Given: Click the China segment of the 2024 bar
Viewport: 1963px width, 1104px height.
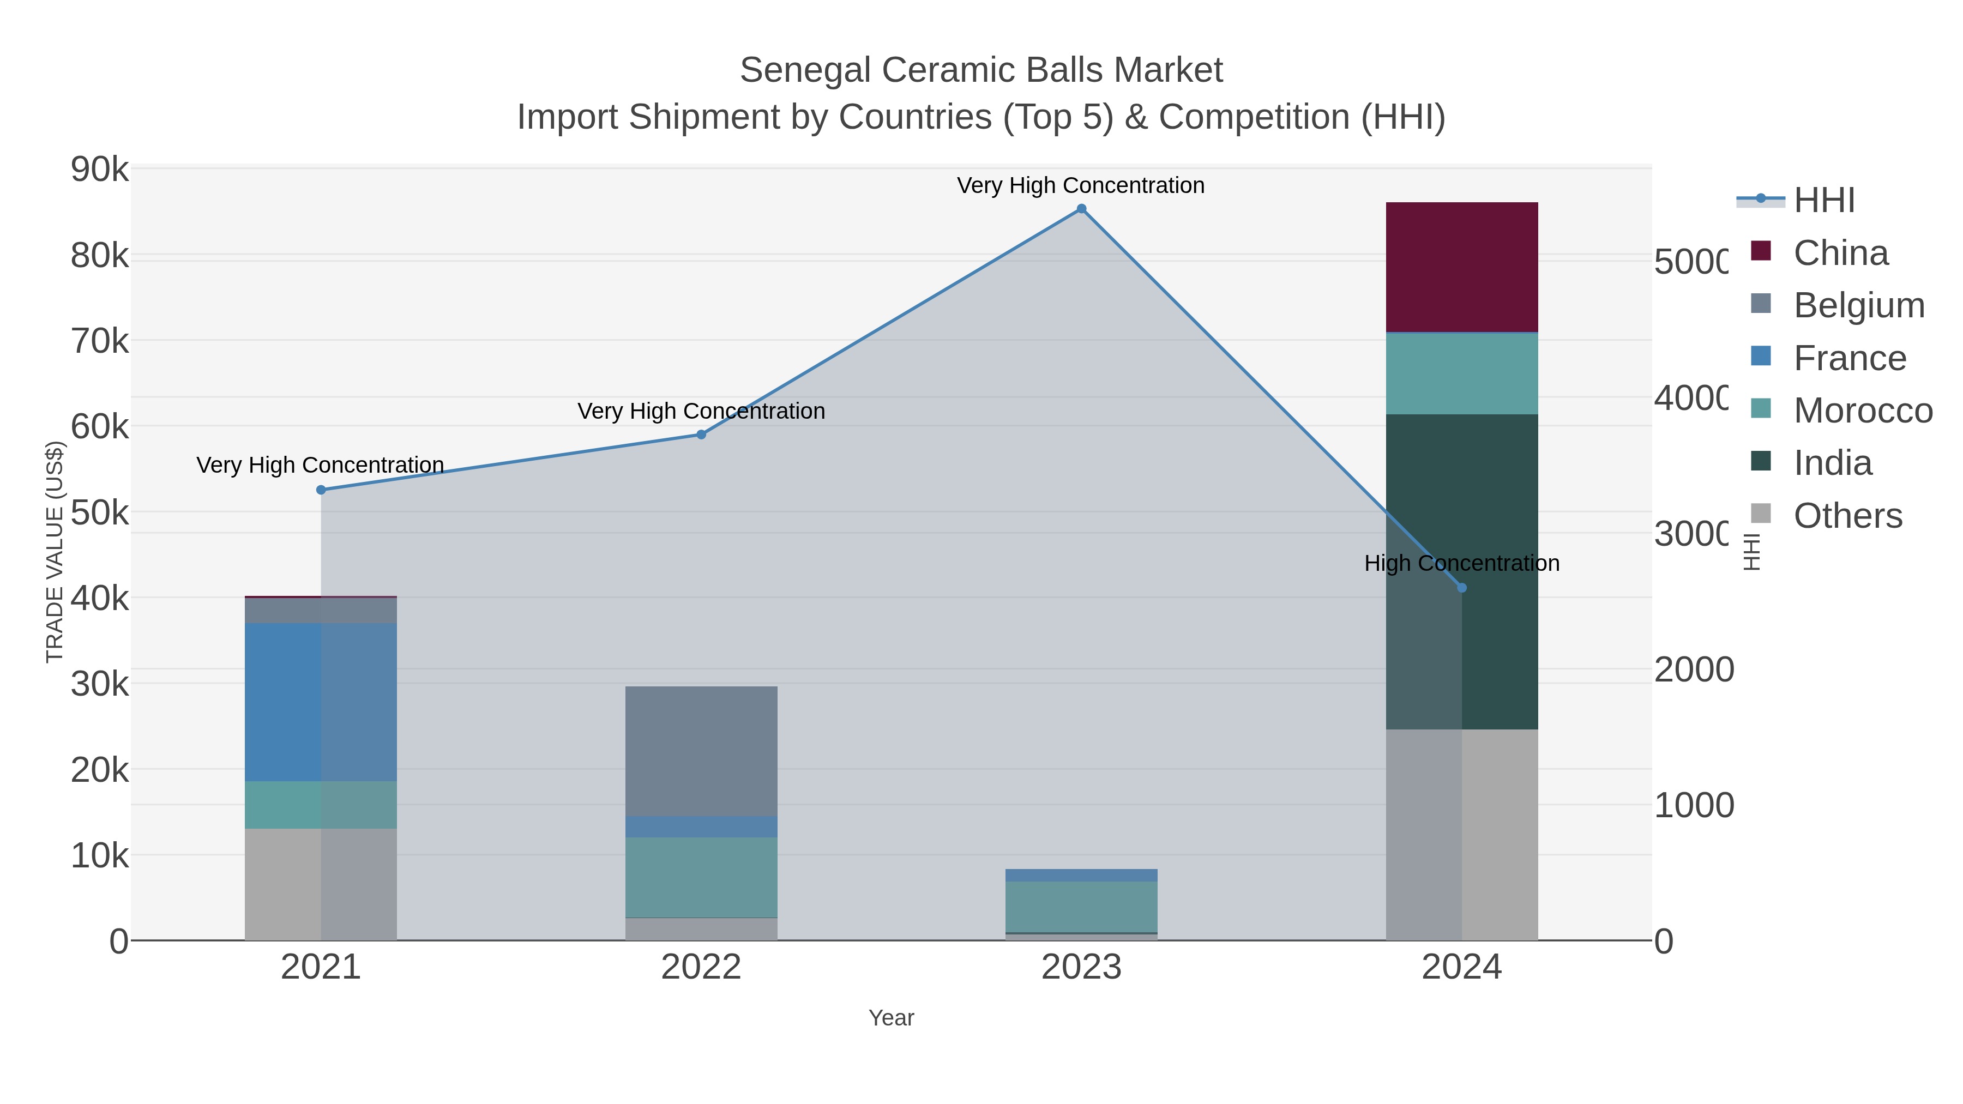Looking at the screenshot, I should pos(1461,267).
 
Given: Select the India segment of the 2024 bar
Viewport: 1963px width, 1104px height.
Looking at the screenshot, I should pos(1461,571).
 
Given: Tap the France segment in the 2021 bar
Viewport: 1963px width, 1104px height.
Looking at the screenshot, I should pos(320,702).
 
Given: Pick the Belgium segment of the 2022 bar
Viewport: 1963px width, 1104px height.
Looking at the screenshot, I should pos(701,751).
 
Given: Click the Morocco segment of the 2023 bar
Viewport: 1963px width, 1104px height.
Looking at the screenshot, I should pos(1081,907).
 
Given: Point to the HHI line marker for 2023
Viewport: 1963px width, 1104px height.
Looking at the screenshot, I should pos(1081,209).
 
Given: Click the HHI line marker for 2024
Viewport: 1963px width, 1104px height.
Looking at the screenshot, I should pos(1461,587).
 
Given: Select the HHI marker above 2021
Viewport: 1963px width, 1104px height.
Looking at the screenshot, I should pos(321,490).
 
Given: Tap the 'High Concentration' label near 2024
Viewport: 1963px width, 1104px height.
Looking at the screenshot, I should pos(1461,563).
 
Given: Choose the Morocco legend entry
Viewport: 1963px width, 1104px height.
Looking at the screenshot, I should pos(1863,411).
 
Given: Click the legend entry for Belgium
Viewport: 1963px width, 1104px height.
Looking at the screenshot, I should pos(1859,305).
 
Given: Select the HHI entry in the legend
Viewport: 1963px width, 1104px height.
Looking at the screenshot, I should pos(1823,201).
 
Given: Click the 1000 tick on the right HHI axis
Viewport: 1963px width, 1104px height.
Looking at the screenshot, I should pos(1693,805).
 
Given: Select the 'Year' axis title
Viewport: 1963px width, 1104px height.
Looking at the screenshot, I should pos(891,1018).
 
